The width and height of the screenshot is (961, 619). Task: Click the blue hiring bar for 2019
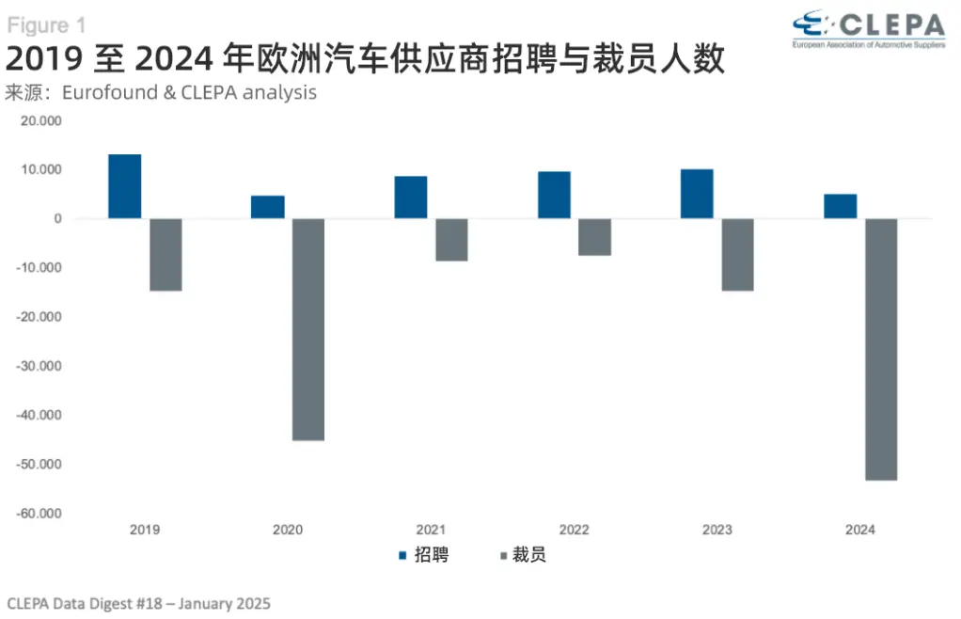(x=124, y=186)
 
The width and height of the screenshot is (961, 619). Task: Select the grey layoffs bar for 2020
(x=308, y=329)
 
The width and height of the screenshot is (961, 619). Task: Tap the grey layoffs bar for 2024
(x=881, y=349)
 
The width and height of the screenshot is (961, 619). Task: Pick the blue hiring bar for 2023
(x=697, y=194)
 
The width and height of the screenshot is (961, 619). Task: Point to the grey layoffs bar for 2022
(x=594, y=237)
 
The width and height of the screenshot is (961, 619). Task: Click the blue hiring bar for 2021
(x=411, y=198)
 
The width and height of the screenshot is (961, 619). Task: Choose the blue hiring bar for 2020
(x=267, y=207)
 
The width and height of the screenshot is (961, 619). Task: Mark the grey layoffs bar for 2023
(x=737, y=255)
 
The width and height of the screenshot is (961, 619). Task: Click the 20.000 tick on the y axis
(x=39, y=121)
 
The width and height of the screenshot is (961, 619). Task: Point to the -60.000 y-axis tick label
(x=38, y=514)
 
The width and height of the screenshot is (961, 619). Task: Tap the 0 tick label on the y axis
(x=57, y=219)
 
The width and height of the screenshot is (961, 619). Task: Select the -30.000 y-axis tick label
(x=38, y=366)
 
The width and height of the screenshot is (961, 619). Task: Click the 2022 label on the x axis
(x=574, y=531)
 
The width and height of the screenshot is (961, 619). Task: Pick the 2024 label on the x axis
(x=860, y=531)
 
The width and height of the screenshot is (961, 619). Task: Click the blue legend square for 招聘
(x=402, y=556)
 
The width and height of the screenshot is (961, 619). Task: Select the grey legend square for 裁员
(x=504, y=556)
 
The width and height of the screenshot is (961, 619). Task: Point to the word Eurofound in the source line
(x=115, y=93)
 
